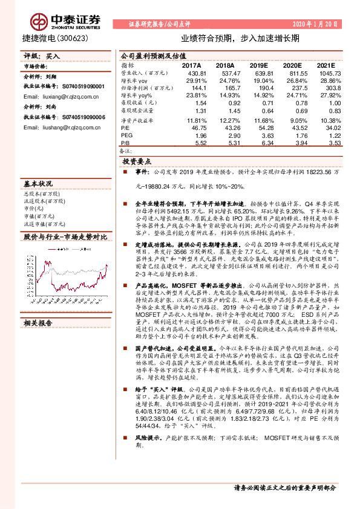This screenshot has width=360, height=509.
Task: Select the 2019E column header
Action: point(258,65)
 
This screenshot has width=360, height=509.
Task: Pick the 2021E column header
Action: point(326,65)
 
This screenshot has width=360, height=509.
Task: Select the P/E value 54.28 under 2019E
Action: point(259,128)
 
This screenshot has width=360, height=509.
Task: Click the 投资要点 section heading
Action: point(136,163)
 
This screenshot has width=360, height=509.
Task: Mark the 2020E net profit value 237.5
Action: point(292,88)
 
